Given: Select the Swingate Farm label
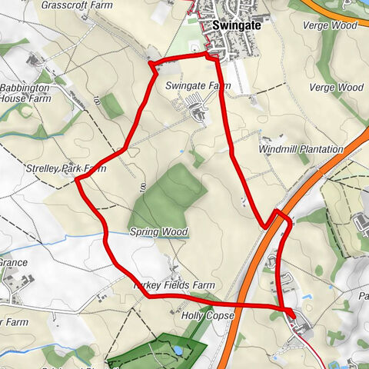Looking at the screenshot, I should coord(198,86).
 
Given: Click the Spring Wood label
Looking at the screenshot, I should coord(159,231).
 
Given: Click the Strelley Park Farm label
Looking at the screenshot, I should coord(55,168).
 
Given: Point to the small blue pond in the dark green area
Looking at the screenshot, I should coord(178,351).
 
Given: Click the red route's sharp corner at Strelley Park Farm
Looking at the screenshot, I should coord(77,180).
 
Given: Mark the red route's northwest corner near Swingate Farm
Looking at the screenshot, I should coord(151,63).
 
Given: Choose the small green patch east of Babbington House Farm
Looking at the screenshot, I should coord(111,106).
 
